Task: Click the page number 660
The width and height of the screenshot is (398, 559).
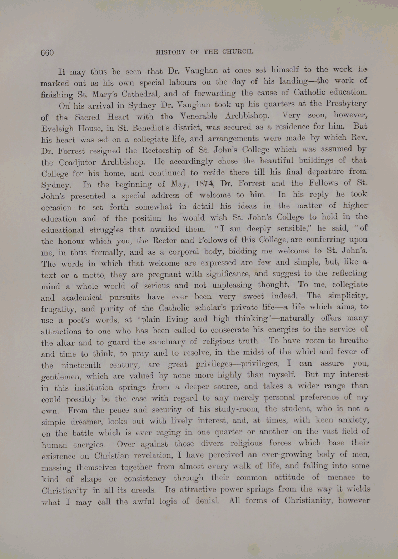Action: coord(47,53)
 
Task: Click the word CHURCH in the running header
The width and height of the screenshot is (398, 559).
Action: coord(238,51)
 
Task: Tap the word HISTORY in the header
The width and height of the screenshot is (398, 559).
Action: coord(171,52)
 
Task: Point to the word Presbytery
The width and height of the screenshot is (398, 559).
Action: coord(346,103)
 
